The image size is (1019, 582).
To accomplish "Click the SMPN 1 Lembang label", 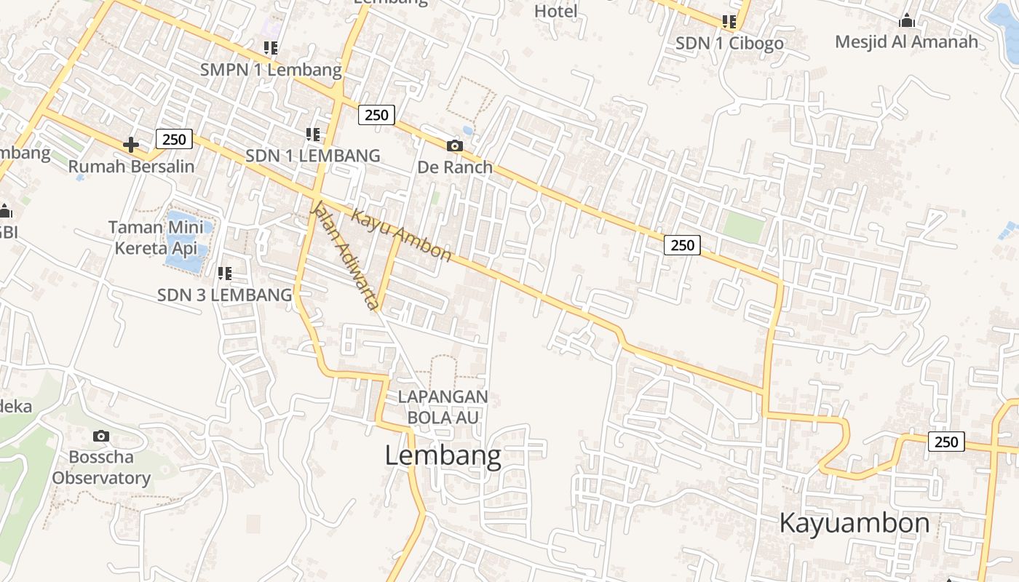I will (271, 70).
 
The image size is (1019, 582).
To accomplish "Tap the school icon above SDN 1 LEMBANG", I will (313, 134).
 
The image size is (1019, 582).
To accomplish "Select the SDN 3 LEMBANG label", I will (224, 295).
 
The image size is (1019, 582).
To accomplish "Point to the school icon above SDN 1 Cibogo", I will (729, 22).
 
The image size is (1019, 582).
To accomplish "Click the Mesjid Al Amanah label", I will (906, 41).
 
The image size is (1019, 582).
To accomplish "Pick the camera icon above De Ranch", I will (455, 146).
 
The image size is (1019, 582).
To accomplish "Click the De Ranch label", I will (455, 167).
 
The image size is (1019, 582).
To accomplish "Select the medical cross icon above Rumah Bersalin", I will (131, 145).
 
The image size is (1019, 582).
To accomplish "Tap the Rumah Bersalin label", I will (132, 167).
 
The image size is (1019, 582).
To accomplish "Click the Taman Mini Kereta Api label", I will (156, 237).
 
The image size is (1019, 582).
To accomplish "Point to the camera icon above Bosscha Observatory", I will (101, 436).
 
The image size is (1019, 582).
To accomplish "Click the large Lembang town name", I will (443, 455).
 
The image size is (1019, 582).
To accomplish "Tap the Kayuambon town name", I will (855, 522).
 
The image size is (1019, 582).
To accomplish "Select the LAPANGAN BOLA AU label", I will (443, 407).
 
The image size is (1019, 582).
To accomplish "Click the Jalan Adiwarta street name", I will (345, 254).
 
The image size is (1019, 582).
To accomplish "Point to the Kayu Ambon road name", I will (401, 234).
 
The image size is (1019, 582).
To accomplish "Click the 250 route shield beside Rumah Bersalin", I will (174, 138).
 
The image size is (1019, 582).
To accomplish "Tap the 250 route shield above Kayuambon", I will (946, 442).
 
